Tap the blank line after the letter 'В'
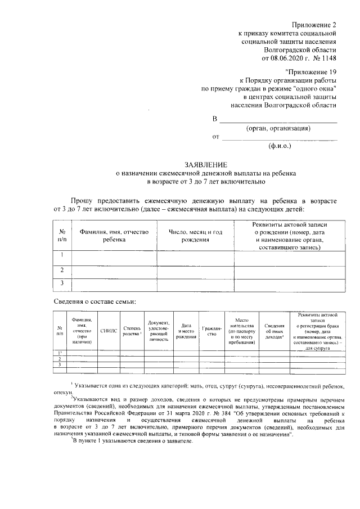click(278, 120)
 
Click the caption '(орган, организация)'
click(278, 128)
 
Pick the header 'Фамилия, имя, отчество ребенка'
click(114, 236)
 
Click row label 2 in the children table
click(62, 270)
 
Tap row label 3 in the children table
click(62, 283)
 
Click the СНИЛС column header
click(109, 331)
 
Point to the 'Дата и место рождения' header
click(186, 331)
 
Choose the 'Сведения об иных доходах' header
click(274, 331)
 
